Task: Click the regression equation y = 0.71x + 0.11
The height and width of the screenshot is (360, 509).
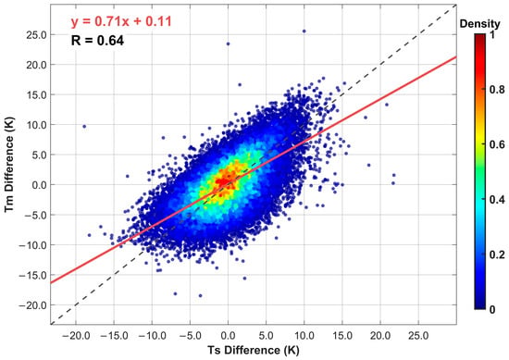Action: (121, 22)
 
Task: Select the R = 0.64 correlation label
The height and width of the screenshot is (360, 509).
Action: (97, 41)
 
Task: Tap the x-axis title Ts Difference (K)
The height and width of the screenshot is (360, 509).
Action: (254, 350)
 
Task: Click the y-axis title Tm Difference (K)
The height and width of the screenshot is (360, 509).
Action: (9, 164)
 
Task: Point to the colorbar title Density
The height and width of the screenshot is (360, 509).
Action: (479, 24)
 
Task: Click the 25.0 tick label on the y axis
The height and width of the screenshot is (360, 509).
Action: (36, 35)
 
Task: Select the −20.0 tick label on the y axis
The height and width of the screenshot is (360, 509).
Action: (32, 305)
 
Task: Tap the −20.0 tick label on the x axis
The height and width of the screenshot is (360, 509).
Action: (76, 335)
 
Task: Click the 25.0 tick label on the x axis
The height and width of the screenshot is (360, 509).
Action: (418, 335)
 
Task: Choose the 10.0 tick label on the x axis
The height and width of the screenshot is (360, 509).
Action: (304, 335)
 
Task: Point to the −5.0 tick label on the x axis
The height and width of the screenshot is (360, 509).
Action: (190, 335)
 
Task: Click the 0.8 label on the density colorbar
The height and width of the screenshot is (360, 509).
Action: (497, 90)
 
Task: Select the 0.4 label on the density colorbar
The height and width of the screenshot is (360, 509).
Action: (497, 199)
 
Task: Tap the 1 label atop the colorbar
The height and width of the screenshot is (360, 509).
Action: (492, 34)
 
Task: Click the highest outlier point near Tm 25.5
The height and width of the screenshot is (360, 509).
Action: (304, 31)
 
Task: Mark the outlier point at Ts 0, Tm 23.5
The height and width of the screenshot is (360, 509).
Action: (228, 43)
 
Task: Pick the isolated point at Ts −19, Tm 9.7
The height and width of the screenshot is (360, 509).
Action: (84, 126)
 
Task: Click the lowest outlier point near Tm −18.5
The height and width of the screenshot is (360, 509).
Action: (200, 296)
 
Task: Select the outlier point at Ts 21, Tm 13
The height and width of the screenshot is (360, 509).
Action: (387, 105)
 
